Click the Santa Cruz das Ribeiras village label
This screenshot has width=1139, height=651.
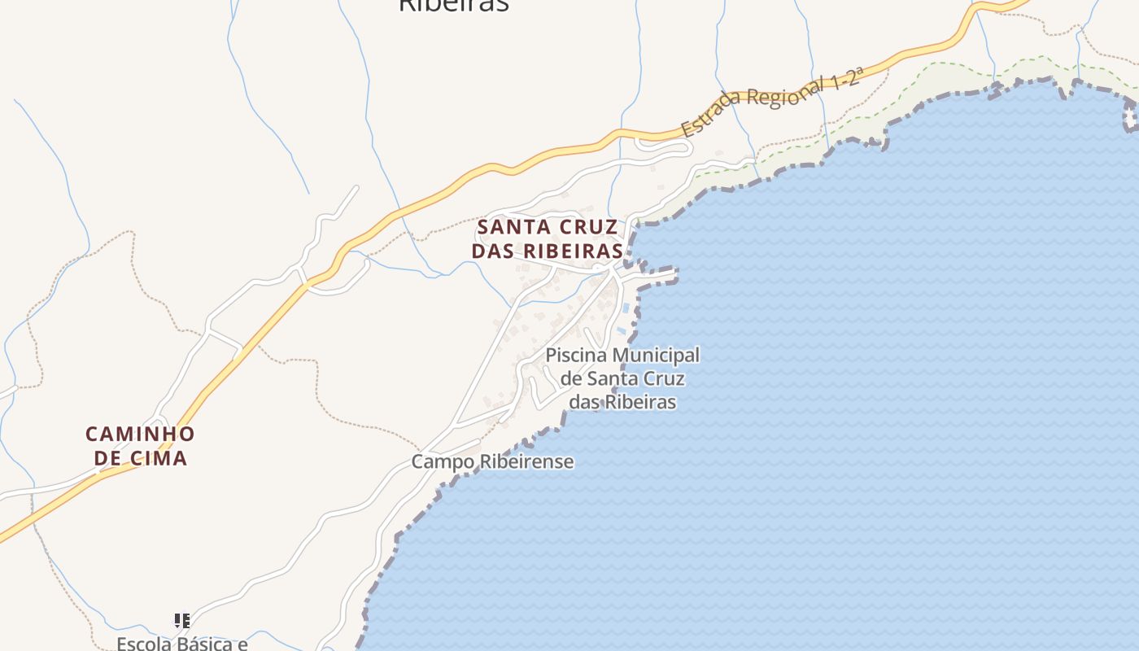tap(548, 238)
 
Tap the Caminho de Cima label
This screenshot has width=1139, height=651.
tap(140, 446)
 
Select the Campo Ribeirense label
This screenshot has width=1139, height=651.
tap(492, 462)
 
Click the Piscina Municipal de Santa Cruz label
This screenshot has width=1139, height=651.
tap(622, 378)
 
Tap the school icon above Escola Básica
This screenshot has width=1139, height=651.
tap(182, 621)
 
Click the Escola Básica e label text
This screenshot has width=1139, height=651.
tap(181, 644)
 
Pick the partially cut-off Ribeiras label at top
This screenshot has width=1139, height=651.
tap(453, 6)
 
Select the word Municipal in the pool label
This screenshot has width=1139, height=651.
tap(656, 356)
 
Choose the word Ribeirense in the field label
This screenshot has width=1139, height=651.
tap(526, 462)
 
